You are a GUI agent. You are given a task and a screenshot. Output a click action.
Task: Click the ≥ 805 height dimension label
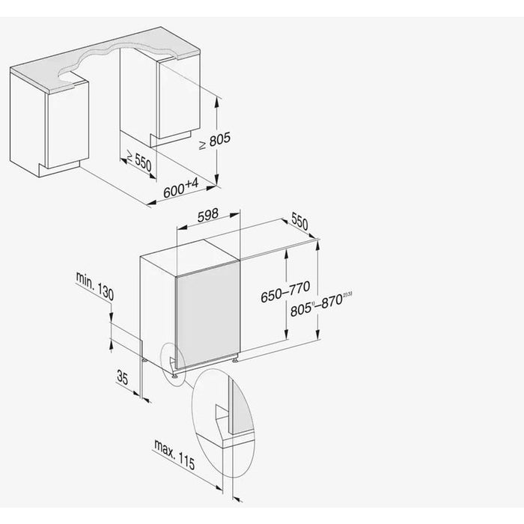click(215, 141)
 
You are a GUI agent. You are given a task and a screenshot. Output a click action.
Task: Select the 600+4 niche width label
click(181, 187)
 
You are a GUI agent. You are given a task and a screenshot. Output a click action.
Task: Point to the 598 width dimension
click(208, 216)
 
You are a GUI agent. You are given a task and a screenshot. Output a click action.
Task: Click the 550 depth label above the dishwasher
click(299, 221)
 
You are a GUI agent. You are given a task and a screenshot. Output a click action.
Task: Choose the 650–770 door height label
click(285, 292)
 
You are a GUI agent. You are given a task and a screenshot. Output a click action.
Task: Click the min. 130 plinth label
click(95, 286)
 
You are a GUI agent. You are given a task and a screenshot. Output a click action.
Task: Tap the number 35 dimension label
click(122, 377)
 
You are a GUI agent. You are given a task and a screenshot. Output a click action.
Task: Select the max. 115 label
click(174, 454)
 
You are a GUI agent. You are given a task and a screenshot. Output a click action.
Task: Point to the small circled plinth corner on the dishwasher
click(173, 365)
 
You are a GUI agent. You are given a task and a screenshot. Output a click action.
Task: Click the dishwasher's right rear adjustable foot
click(235, 360)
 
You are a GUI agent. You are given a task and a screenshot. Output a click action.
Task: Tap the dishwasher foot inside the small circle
click(174, 377)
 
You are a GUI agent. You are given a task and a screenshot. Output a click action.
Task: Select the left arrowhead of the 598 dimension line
click(181, 228)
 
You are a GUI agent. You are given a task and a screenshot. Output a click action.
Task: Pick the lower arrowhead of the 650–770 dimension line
click(286, 334)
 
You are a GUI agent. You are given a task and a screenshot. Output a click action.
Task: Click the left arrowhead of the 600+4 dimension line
click(152, 203)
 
